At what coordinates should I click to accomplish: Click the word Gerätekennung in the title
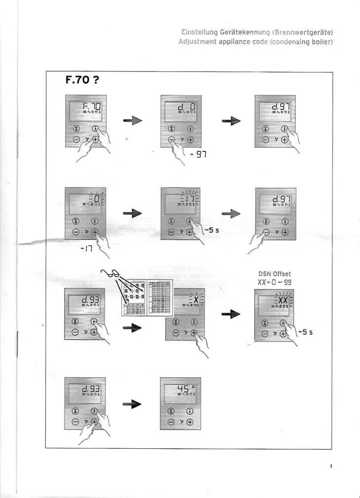point(218,33)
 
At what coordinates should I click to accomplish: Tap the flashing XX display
point(274,301)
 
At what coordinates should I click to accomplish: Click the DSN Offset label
point(275,274)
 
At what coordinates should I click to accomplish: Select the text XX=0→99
point(275,282)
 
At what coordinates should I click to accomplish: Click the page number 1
point(331,465)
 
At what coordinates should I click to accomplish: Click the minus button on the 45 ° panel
point(171,422)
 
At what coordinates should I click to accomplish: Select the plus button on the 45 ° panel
point(190,422)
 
